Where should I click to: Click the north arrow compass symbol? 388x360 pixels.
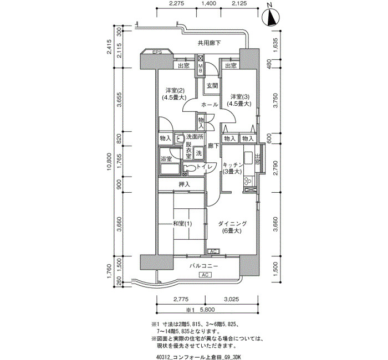270,17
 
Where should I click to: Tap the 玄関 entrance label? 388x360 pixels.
212,85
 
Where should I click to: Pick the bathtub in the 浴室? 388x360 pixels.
170,169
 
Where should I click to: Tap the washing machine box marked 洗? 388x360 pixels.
198,153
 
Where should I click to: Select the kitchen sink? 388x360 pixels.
248,157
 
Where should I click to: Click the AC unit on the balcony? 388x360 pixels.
205,275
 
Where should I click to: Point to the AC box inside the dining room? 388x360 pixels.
213,251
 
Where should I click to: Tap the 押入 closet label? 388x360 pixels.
185,184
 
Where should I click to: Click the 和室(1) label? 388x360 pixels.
182,224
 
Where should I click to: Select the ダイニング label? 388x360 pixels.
232,224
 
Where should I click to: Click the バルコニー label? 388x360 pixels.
204,266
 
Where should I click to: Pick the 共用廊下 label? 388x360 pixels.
209,43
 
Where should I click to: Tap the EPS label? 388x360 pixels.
157,52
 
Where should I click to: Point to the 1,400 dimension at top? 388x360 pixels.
209,3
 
